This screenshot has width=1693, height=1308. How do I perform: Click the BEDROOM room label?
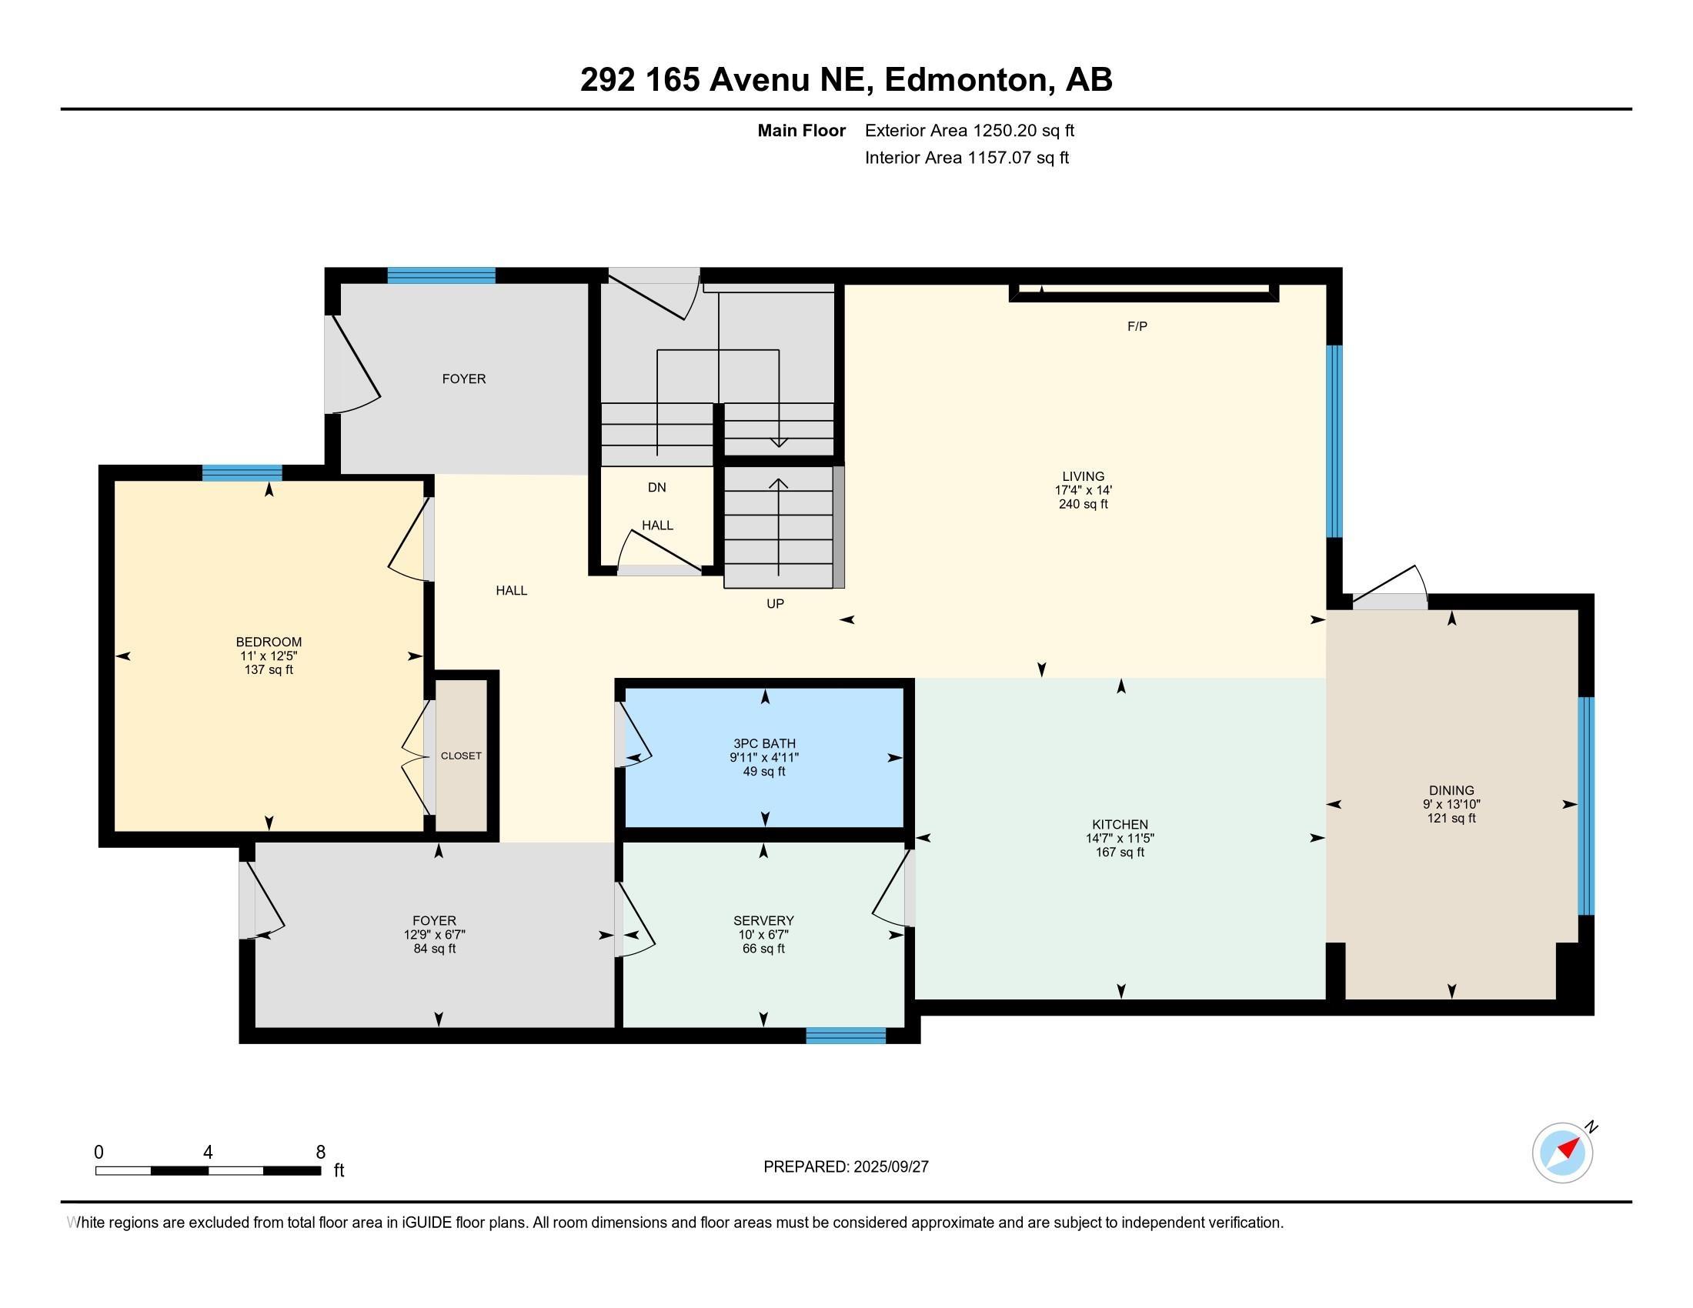pos(269,642)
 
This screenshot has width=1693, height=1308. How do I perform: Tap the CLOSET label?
pos(461,756)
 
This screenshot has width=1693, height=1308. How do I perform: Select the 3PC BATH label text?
pos(764,744)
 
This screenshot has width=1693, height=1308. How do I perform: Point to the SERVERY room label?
pos(763,920)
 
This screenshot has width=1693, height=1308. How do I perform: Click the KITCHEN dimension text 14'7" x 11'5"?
pos(1120,839)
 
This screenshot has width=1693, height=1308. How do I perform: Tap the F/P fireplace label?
pos(1137,326)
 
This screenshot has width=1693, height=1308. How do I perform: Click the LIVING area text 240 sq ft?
pos(1083,505)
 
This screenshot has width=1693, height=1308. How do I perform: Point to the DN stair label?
pos(656,487)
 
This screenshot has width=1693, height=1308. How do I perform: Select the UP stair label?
pos(775,604)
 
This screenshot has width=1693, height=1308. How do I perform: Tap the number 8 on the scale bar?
pos(321,1152)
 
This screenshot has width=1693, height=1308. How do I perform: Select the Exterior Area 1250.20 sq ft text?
pos(970,131)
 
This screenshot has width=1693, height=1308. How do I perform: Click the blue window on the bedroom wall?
pos(242,472)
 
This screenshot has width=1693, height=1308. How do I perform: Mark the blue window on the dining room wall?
pos(1586,806)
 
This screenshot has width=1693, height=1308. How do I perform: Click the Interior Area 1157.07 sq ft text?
pos(967,158)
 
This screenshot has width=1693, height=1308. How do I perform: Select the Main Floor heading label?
pos(802,131)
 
